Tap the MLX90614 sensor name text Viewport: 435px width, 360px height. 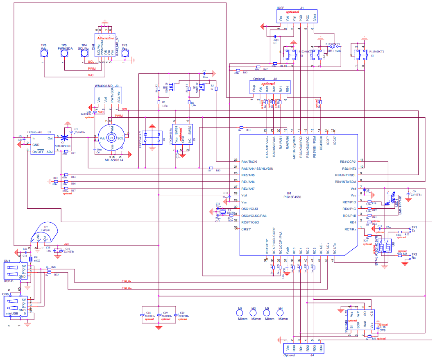pos(109,160)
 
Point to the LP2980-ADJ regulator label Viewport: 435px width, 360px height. pos(34,132)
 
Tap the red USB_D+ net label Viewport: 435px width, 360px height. pos(127,289)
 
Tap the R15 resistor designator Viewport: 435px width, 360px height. pos(55,178)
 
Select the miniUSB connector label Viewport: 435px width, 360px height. pos(12,313)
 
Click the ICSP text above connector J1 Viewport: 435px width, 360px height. pos(281,8)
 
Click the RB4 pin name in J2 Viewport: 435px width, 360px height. pos(287,88)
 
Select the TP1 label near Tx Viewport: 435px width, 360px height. pos(414,227)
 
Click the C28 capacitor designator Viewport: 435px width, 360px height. pos(381,330)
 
